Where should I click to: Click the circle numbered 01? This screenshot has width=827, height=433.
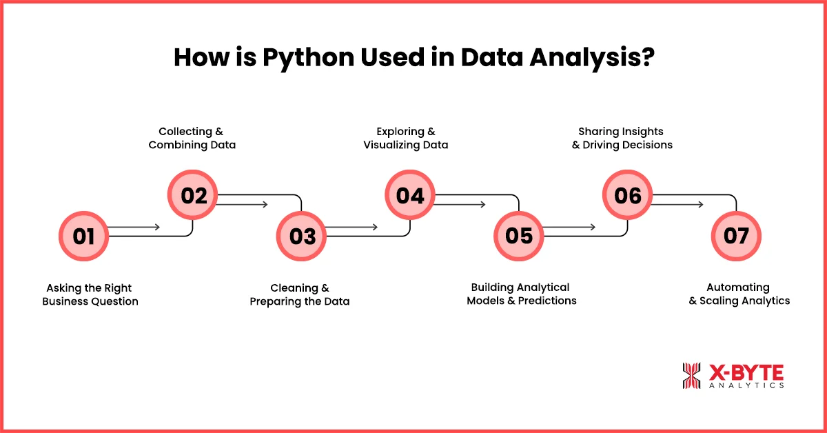pyautogui.click(x=84, y=236)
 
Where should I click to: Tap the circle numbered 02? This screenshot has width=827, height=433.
pyautogui.click(x=194, y=196)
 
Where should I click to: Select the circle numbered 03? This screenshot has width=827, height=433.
pyautogui.click(x=302, y=236)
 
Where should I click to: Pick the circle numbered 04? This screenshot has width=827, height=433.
pyautogui.click(x=410, y=196)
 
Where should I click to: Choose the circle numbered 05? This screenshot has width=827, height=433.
pyautogui.click(x=519, y=236)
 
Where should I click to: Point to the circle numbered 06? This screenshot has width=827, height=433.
pyautogui.click(x=628, y=196)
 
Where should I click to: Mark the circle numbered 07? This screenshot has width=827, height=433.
pyautogui.click(x=736, y=236)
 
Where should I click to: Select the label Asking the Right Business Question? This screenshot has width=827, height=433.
pyautogui.click(x=90, y=294)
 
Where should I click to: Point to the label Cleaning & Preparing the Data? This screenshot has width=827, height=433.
pyautogui.click(x=300, y=294)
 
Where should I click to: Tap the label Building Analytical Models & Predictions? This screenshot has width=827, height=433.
pyautogui.click(x=521, y=294)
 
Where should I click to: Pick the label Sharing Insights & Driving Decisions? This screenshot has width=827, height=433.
pyautogui.click(x=622, y=138)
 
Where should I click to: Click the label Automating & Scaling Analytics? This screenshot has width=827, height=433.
pyautogui.click(x=739, y=294)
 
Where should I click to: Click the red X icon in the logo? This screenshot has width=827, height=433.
pyautogui.click(x=691, y=376)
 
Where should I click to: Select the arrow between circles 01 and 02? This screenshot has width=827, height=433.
pyautogui.click(x=134, y=227)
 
